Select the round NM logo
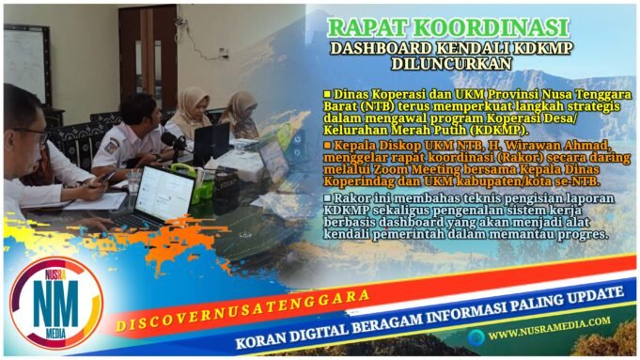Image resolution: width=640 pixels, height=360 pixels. click(55, 305)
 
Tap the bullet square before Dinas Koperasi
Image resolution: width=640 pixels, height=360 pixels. click(326, 95)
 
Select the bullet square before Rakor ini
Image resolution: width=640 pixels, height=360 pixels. click(326, 198)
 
